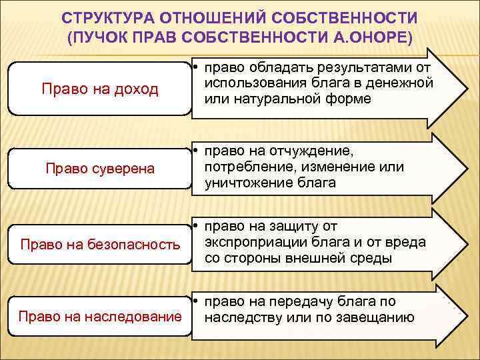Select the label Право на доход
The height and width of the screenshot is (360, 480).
[100, 89]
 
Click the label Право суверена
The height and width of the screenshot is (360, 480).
[100, 168]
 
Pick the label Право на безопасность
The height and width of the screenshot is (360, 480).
[100, 245]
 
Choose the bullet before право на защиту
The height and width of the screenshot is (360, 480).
[199, 227]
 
